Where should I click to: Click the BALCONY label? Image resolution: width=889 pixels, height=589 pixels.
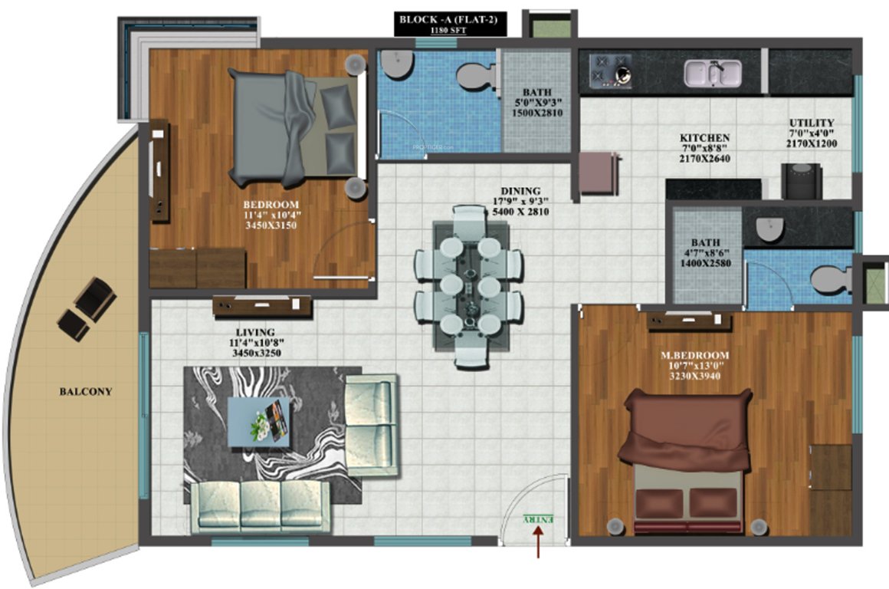tap(86, 391)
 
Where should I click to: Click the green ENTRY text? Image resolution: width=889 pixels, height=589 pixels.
tap(538, 520)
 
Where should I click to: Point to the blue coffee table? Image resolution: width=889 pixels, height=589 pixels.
tap(259, 421)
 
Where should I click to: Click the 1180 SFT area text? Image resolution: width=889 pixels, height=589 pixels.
tap(451, 31)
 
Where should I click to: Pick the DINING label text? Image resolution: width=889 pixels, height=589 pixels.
tap(520, 191)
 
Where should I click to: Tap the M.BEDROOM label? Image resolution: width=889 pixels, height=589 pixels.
tap(694, 356)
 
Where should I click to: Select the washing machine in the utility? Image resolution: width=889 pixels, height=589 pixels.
tap(802, 182)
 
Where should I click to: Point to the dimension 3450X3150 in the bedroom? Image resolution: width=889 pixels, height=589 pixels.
tap(269, 225)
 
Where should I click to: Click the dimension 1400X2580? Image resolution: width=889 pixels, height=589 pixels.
tap(704, 262)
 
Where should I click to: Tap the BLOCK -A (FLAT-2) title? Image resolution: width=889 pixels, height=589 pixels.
tap(451, 19)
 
